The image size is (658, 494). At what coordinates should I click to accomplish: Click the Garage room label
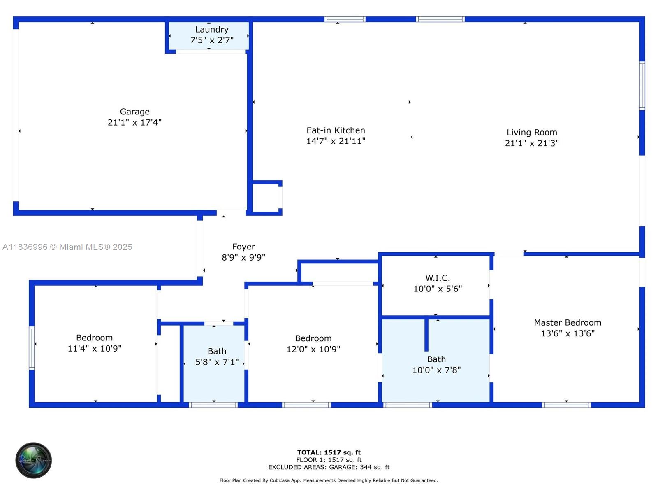[x=134, y=112]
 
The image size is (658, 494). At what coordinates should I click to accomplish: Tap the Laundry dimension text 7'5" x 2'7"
[x=212, y=40]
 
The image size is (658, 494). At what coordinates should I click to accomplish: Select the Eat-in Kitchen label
[x=336, y=130]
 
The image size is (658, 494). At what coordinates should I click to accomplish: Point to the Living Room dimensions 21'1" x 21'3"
[x=532, y=143]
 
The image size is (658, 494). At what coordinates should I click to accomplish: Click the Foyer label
[x=244, y=247]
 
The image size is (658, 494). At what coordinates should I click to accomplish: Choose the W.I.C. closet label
[x=438, y=278]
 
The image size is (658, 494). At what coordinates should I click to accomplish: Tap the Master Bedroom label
[x=568, y=322]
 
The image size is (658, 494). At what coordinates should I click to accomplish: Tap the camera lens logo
[x=34, y=460]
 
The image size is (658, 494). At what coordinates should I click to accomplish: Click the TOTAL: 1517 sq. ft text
[x=329, y=452]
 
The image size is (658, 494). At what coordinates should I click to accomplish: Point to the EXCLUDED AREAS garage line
[x=329, y=467]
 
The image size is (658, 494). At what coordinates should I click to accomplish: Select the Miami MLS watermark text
[x=67, y=247]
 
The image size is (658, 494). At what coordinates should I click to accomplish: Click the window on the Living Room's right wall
[x=642, y=86]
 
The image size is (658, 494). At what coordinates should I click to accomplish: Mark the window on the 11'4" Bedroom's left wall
[x=32, y=348]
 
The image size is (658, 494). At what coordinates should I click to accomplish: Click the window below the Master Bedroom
[x=566, y=405]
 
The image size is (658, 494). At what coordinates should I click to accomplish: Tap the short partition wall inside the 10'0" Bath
[x=426, y=335]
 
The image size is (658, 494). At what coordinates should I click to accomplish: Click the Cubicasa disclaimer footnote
[x=329, y=480]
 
